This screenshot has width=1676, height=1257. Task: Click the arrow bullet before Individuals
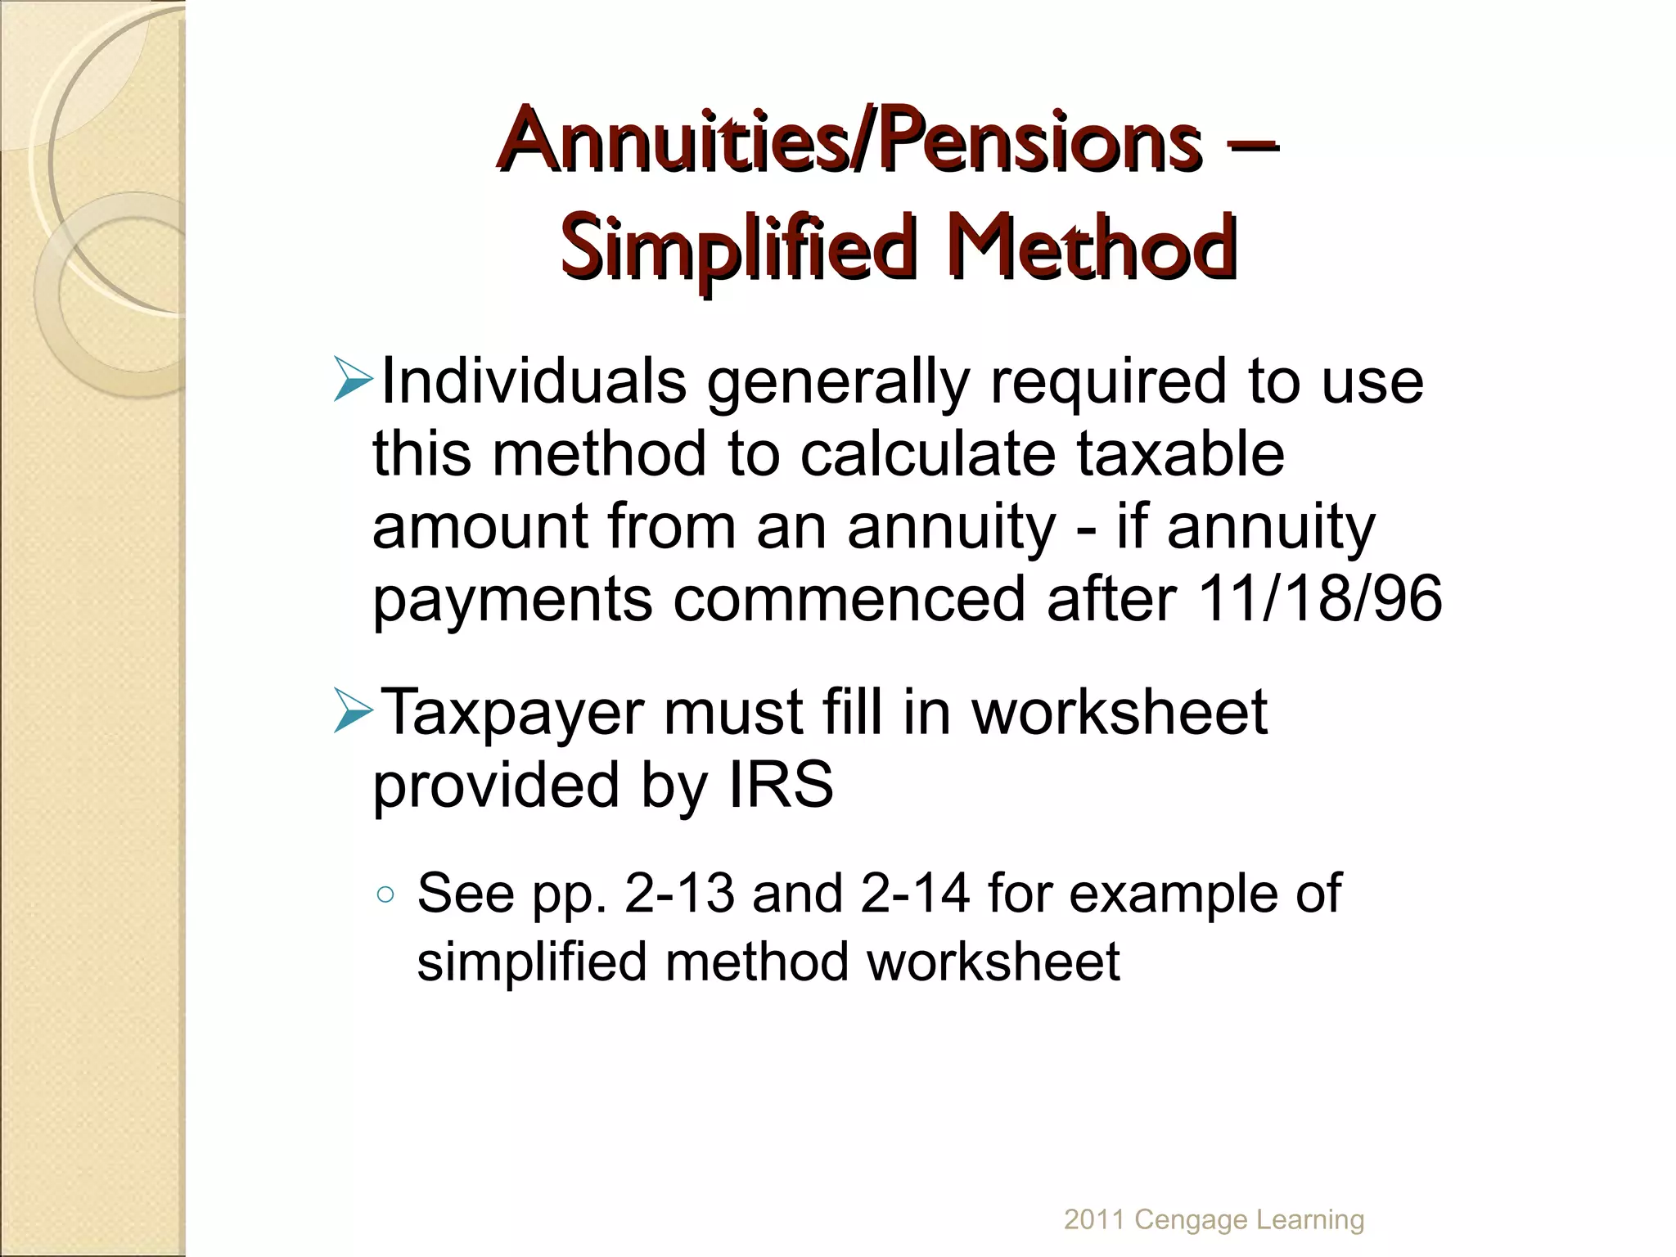[354, 381]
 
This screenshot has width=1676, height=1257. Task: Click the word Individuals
[534, 381]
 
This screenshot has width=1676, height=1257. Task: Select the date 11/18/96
[1318, 598]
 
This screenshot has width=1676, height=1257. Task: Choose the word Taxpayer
[512, 713]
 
